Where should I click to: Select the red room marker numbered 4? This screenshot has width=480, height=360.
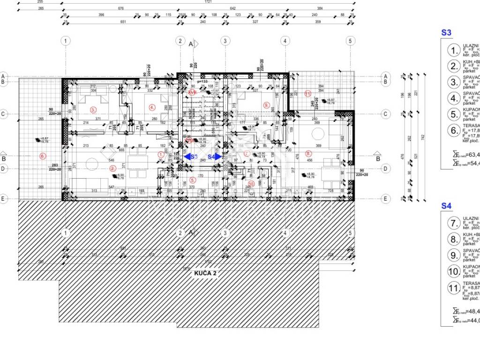[152, 107]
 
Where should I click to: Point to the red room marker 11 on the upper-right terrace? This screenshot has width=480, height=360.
[307, 93]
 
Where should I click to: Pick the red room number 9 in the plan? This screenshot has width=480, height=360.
[266, 105]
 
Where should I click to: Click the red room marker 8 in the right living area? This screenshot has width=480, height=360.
[308, 153]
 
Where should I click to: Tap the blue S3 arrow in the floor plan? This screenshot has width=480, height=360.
[190, 157]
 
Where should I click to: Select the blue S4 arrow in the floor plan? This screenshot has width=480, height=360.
[215, 157]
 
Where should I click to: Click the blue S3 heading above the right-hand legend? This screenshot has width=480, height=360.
[446, 33]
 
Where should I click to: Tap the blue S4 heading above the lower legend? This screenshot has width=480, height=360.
[446, 206]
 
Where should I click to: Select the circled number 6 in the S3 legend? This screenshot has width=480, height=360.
[453, 131]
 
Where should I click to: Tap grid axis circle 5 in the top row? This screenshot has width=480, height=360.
[349, 41]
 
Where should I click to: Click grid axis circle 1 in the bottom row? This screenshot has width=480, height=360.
[66, 233]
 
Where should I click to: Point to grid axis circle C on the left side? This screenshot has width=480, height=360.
[3, 113]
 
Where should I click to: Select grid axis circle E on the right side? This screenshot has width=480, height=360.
[385, 199]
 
